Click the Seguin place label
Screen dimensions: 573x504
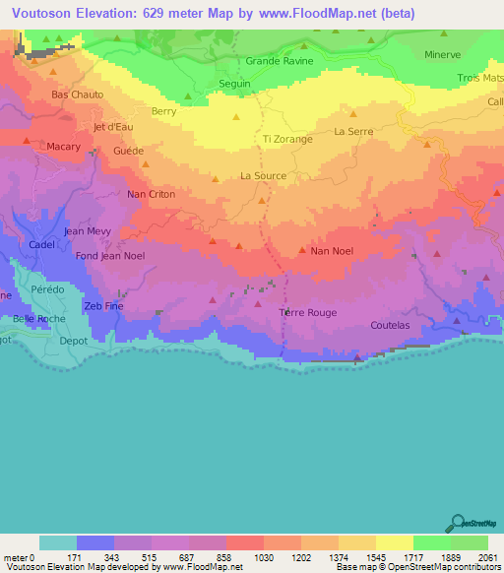tap(234, 84)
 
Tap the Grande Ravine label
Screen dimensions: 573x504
tap(280, 61)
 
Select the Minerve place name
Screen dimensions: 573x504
tap(442, 55)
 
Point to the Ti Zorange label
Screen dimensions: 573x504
tap(287, 140)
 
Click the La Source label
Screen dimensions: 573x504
tap(264, 176)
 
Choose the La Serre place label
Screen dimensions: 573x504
tap(353, 131)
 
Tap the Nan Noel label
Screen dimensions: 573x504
tap(332, 251)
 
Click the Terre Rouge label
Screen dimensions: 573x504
tap(308, 313)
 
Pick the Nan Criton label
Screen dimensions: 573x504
tap(152, 195)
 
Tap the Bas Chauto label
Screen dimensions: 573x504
tap(77, 95)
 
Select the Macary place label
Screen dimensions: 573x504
tap(64, 147)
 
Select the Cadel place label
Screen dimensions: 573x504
tap(41, 244)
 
